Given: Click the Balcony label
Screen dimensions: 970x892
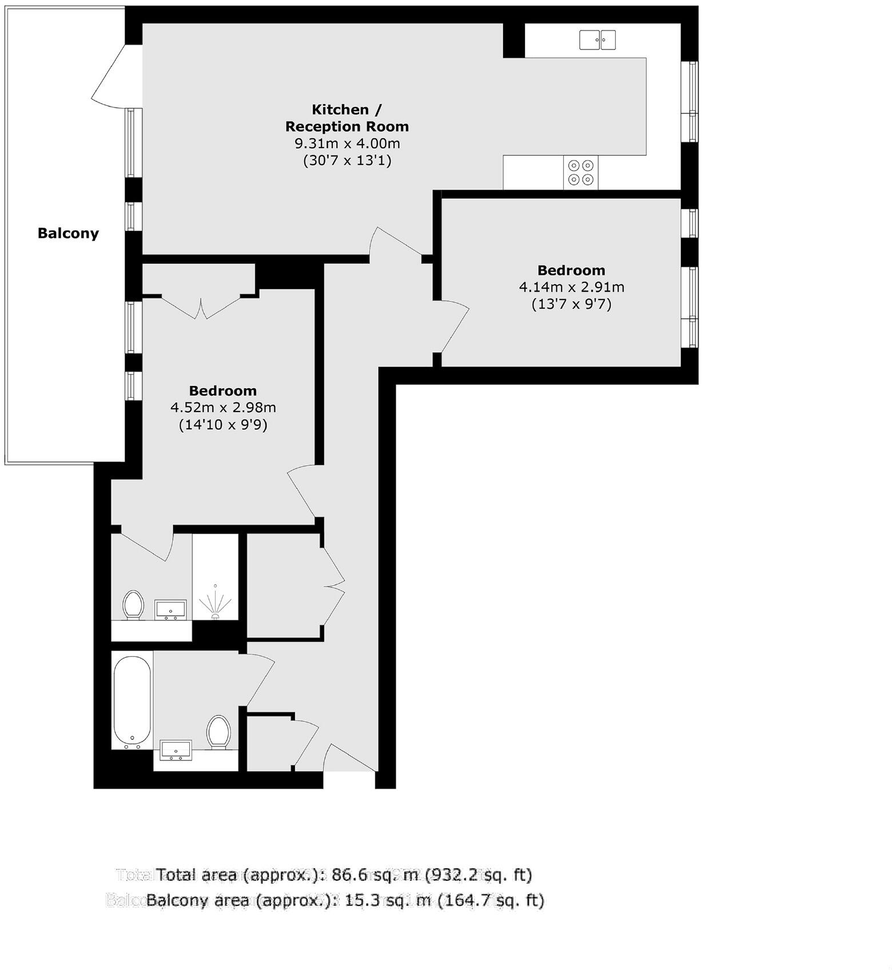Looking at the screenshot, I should pos(68,233).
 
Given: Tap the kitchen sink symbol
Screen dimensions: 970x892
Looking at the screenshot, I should pos(598,40).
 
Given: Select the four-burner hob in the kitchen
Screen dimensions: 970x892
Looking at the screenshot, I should pos(580,173).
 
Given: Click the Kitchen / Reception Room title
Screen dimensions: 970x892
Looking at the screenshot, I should pos(347,118).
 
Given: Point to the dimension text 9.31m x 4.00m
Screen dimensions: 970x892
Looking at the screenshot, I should pos(347,143).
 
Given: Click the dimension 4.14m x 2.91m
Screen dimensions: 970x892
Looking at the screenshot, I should pos(571,287).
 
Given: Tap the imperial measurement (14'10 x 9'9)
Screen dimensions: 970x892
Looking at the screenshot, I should pos(223,425).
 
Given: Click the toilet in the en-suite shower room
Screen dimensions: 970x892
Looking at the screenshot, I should pos(133,605).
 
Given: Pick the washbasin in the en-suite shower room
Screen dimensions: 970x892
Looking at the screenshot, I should pos(170,610).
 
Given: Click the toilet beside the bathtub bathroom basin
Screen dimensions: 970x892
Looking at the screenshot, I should pos(218,732).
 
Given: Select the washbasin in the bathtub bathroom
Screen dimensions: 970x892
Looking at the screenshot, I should pos(176,751).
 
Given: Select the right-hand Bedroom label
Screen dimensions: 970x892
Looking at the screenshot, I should pos(571,270).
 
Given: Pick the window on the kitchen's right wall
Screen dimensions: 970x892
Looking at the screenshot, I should pos(689,102).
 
